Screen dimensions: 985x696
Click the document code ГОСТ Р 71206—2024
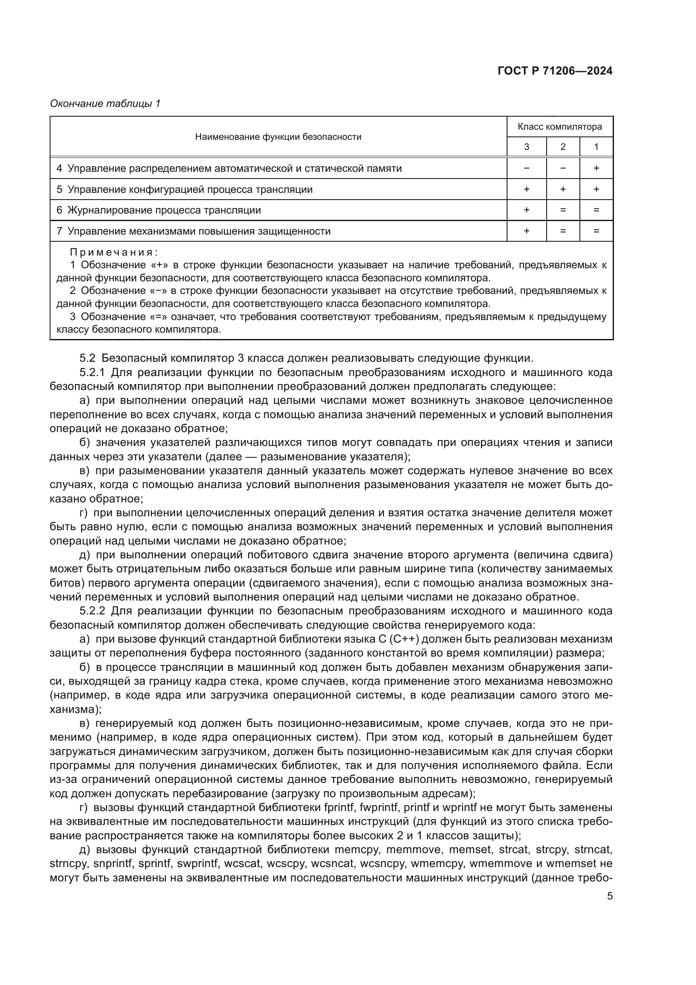(555, 71)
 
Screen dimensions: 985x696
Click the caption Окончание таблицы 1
(105, 104)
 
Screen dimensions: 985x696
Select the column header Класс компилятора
(559, 127)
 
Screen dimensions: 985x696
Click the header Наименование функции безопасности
(278, 137)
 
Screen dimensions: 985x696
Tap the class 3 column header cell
(526, 147)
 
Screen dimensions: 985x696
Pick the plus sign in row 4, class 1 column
(596, 168)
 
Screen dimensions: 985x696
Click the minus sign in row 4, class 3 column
(526, 168)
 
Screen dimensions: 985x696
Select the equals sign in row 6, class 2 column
(563, 210)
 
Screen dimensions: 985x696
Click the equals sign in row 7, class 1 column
(596, 231)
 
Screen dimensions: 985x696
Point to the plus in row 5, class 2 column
(563, 189)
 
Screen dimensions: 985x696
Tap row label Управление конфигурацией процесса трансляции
(190, 189)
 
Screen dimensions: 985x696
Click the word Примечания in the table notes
(114, 252)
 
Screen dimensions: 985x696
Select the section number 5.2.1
(92, 372)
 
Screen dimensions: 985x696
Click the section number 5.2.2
(92, 611)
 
